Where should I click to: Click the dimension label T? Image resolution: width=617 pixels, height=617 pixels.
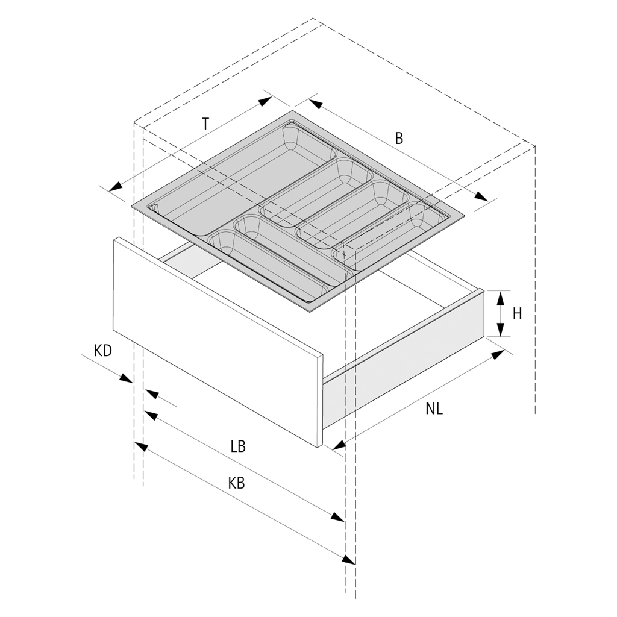205,124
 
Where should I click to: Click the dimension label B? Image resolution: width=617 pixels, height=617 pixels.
399,138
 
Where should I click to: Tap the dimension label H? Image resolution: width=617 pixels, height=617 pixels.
517,313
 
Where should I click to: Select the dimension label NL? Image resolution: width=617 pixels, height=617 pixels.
434,409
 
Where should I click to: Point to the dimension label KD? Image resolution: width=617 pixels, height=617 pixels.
103,351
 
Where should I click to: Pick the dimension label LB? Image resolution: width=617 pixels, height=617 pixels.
238,446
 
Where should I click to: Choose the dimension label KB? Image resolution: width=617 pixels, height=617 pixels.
237,483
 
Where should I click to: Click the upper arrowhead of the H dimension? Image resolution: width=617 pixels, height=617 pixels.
500,296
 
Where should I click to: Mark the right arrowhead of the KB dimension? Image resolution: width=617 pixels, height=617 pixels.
348,559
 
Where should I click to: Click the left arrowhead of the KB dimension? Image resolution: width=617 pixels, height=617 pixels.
141,446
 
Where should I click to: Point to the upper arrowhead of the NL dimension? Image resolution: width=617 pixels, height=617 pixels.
498,354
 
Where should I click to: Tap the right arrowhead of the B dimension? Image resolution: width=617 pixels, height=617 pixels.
481,198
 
